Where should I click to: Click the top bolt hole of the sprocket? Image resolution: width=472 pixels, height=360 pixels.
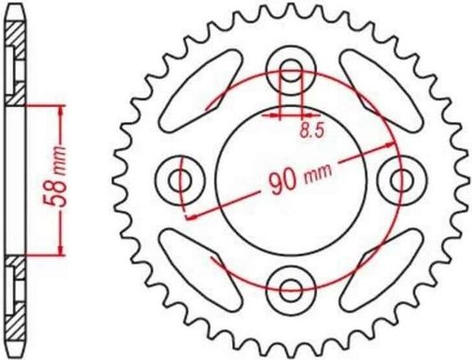click(291, 73)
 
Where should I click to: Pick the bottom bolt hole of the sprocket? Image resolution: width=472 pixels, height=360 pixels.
click(291, 286)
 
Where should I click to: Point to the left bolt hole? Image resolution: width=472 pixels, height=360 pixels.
click(184, 179)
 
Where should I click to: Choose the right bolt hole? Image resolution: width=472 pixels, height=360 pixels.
click(397, 179)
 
